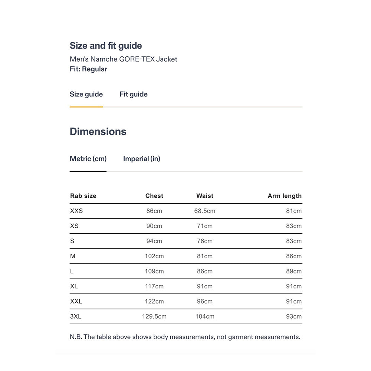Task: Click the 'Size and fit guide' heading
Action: (106, 46)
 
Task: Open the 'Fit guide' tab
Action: (133, 94)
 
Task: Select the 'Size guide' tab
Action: (86, 94)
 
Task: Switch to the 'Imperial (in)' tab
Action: (141, 159)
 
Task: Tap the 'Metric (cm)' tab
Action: (88, 159)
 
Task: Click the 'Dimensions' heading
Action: (98, 132)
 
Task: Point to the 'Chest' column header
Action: (154, 196)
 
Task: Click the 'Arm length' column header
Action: (285, 196)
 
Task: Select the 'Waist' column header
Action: (205, 196)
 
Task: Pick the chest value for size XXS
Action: (154, 211)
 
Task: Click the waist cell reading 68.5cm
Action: (205, 211)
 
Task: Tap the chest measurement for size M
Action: (154, 256)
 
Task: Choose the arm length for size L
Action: (293, 271)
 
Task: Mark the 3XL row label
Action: (76, 316)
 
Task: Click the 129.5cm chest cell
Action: (154, 316)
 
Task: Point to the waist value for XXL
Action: (205, 302)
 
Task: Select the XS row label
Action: (74, 226)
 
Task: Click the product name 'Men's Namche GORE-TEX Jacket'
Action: (124, 59)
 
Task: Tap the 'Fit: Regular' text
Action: (88, 69)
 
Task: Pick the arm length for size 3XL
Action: (293, 316)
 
